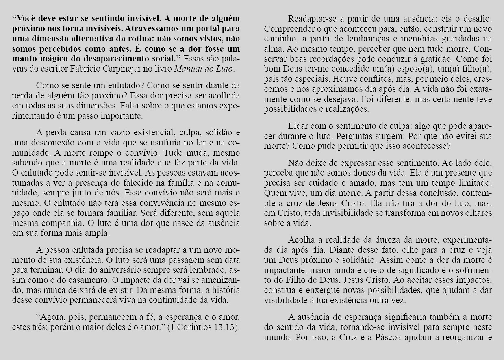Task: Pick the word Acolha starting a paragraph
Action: point(301,239)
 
